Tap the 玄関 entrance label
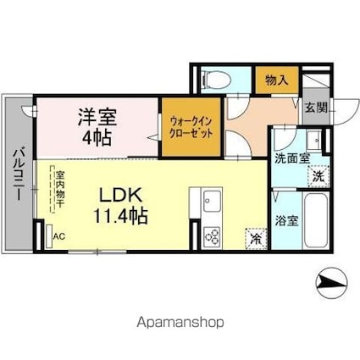(316, 108)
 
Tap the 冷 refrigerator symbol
(254, 239)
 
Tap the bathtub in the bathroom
(313, 221)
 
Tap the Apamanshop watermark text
(180, 322)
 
